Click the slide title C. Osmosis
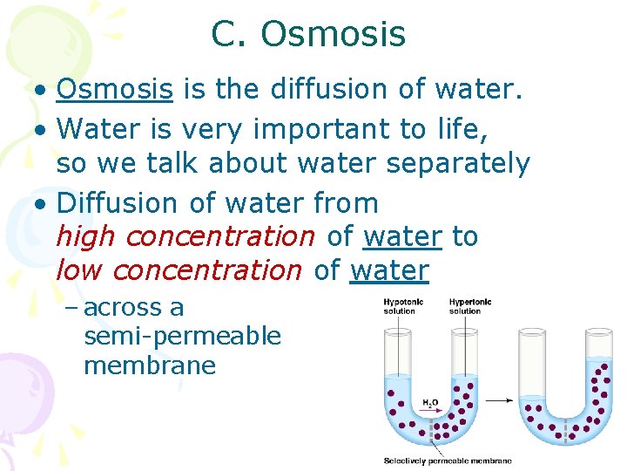pyautogui.click(x=307, y=34)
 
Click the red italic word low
pyautogui.click(x=78, y=270)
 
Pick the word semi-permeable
pyautogui.click(x=182, y=336)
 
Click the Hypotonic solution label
pyautogui.click(x=404, y=306)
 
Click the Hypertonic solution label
pyautogui.click(x=470, y=306)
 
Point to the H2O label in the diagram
pyautogui.click(x=430, y=404)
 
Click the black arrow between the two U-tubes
pyautogui.click(x=498, y=400)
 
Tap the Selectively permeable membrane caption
pyautogui.click(x=448, y=461)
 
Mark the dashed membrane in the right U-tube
pyautogui.click(x=569, y=432)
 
